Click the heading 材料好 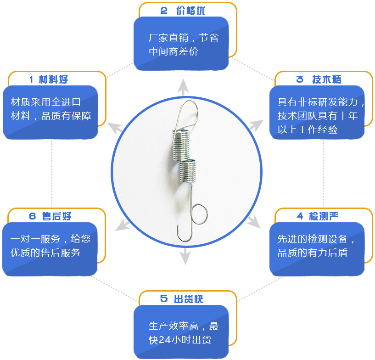53,79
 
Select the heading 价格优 190,11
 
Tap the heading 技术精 327,79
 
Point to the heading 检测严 323,216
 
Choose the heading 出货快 189,299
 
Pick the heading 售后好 56,216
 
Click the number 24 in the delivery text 164,340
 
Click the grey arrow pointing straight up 183,87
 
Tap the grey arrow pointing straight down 185,256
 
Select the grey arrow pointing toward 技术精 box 257,125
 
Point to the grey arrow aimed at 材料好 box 115,128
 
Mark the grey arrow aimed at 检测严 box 253,222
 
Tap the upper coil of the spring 181,145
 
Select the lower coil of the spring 188,170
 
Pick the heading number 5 164,298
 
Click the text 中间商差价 174,51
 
